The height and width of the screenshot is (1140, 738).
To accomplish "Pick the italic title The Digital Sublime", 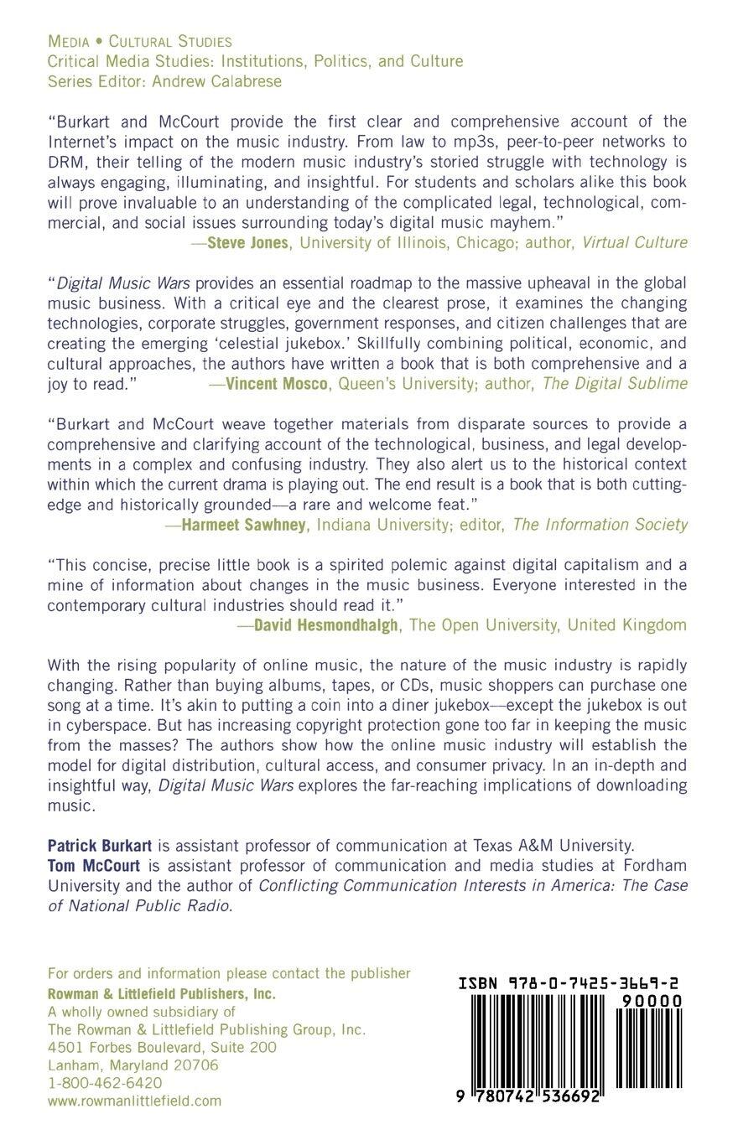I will [x=616, y=383].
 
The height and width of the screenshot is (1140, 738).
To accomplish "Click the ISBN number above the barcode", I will [x=569, y=985].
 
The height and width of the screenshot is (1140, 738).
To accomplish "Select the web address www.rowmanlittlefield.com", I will [x=134, y=1101].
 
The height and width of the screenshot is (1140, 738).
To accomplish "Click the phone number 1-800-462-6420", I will [x=105, y=1082].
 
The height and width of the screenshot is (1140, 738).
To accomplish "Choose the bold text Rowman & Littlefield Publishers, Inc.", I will [x=162, y=994].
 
